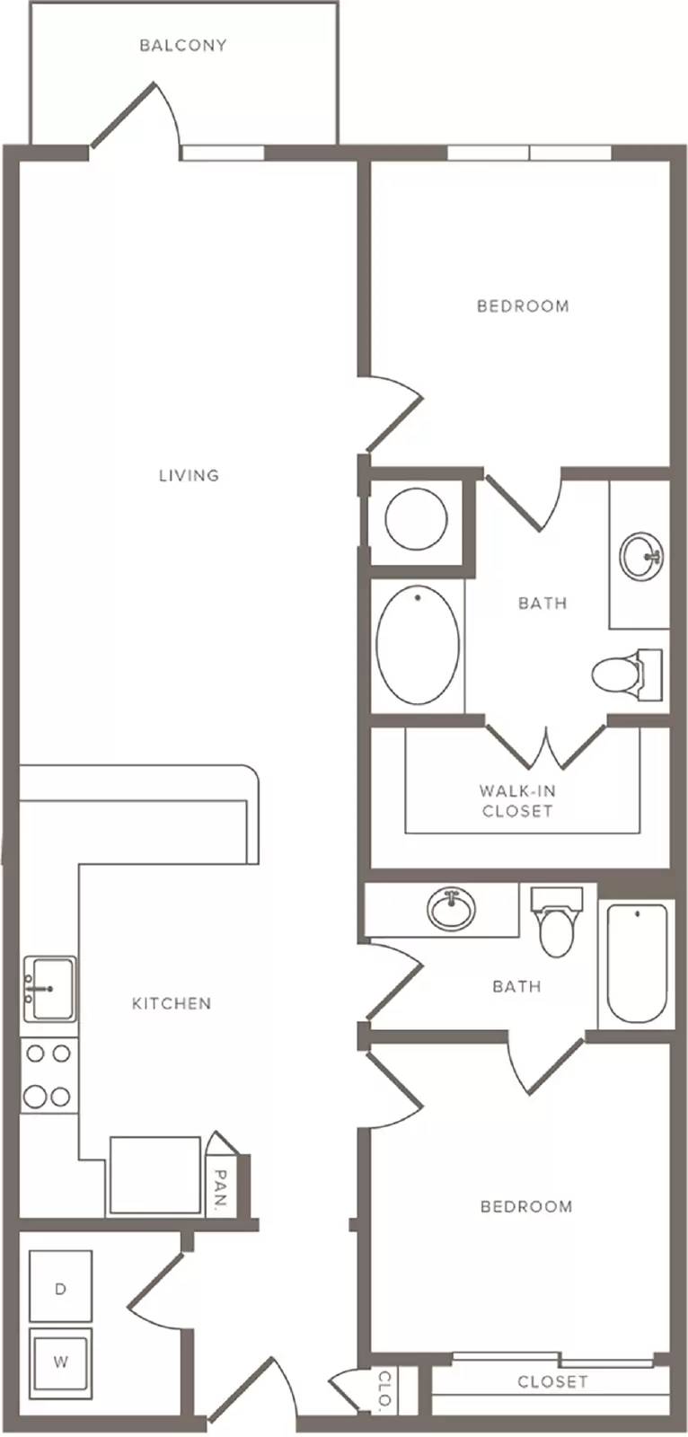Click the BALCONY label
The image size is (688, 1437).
point(183,45)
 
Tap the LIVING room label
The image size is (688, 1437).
point(189,475)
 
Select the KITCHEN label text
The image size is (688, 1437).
point(172,1003)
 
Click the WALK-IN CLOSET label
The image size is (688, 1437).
point(517,800)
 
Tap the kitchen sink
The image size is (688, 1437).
point(49,989)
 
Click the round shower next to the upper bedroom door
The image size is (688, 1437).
point(416,519)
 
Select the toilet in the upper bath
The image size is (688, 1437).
point(626,674)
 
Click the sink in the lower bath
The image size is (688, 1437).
point(452,909)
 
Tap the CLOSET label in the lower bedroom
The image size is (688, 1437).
point(552,1381)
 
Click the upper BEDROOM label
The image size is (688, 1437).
point(523,306)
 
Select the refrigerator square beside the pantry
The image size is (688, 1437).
point(154,1175)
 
